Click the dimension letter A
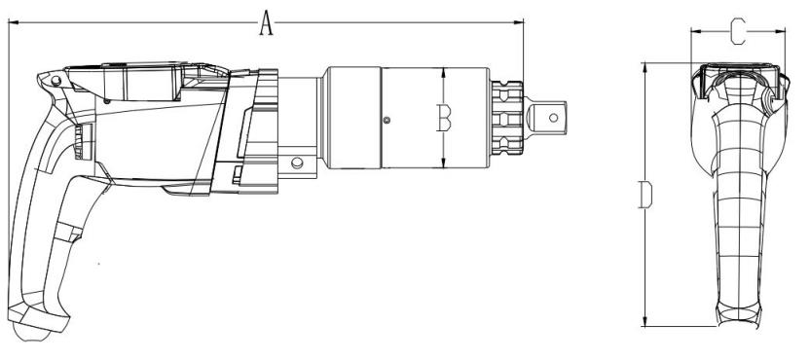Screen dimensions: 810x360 pos(266,23)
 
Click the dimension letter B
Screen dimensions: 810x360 pos(444,118)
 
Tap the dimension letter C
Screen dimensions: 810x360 pos(738,31)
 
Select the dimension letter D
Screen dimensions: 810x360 pos(645,195)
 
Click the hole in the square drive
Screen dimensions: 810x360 pos(553,118)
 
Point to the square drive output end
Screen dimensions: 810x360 pos(546,118)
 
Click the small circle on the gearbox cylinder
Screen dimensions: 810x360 pos(387,121)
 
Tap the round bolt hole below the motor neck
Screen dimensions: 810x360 pos(297,162)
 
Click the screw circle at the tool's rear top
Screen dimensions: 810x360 pos(55,81)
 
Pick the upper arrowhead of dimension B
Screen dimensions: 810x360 pos(444,73)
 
